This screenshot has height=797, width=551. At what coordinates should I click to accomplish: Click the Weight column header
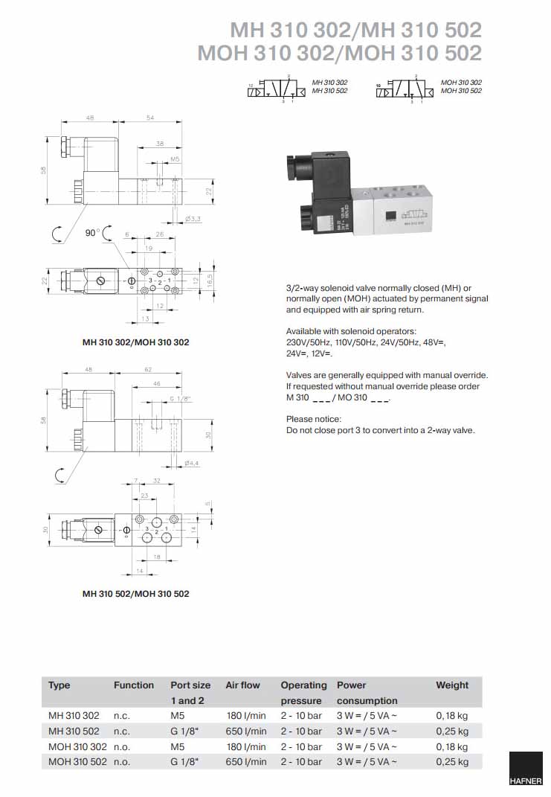(452, 685)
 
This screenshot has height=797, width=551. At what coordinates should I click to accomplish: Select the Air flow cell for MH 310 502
(246, 732)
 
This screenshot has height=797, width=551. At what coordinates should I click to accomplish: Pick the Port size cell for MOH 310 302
(181, 746)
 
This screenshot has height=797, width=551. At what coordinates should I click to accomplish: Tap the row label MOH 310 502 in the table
(77, 762)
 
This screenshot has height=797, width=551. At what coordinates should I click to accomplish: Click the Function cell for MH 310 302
(122, 716)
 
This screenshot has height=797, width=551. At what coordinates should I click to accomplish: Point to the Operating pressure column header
(303, 692)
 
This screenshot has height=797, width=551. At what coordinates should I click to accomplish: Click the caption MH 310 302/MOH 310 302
(135, 342)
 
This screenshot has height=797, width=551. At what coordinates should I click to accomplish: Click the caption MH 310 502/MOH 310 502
(135, 594)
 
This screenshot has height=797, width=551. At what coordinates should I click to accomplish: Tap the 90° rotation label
(92, 233)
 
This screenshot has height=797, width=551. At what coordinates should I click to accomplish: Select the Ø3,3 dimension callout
(192, 218)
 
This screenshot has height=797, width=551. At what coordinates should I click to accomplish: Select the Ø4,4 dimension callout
(192, 464)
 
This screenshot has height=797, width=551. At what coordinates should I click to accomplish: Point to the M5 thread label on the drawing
(175, 159)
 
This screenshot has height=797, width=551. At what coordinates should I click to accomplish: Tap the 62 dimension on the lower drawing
(147, 370)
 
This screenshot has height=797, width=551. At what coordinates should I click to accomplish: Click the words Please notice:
(314, 420)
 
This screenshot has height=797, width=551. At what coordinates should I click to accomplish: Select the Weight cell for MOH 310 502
(451, 762)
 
